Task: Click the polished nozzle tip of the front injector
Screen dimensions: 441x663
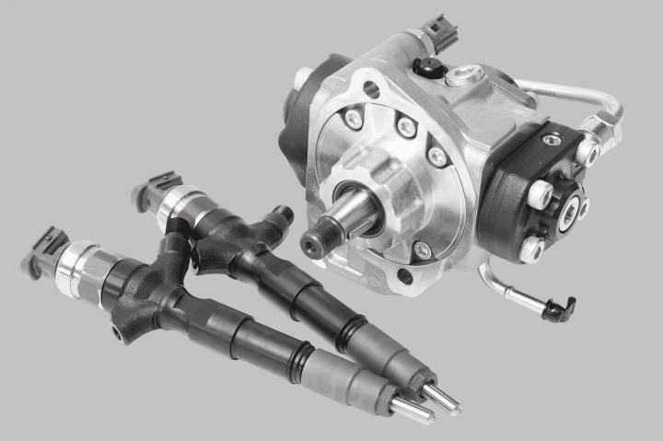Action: (411, 410)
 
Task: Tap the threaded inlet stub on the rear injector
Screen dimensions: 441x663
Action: (282, 215)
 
